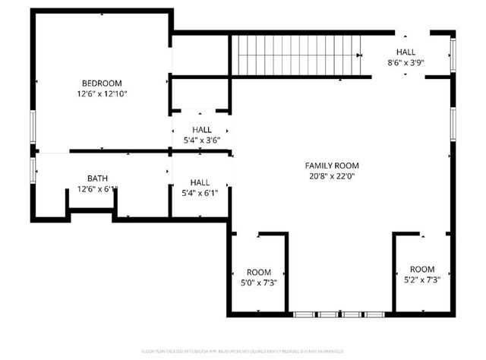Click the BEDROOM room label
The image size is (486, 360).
point(102,83)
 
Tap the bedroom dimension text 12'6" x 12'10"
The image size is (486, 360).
point(102,94)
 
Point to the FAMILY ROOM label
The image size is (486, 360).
point(332,166)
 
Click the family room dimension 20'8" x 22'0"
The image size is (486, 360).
point(332,177)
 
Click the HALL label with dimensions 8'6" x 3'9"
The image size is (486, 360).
point(406,52)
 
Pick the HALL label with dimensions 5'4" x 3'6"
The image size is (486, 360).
point(201,130)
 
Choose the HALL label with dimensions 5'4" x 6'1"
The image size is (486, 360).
point(200,182)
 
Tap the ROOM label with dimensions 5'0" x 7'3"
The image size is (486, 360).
point(258,272)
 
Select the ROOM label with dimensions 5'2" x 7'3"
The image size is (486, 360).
point(422,270)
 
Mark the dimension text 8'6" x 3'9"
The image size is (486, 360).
point(406,63)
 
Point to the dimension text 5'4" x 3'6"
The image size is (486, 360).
point(201,141)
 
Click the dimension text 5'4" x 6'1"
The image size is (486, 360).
point(200,193)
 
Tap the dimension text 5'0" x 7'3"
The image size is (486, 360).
point(258,283)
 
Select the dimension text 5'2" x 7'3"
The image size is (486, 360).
point(422,280)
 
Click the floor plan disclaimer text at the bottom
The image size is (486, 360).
point(243,352)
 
